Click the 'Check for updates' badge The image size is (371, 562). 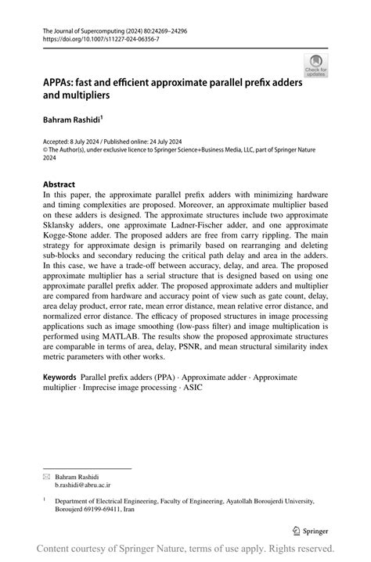(x=315, y=66)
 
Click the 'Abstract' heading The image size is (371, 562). (x=59, y=185)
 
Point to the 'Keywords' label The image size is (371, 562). (x=59, y=377)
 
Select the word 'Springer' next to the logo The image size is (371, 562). (x=315, y=528)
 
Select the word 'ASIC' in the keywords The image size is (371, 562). (x=191, y=387)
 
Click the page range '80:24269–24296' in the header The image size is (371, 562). (x=164, y=30)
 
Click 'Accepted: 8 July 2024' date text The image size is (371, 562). (x=73, y=139)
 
